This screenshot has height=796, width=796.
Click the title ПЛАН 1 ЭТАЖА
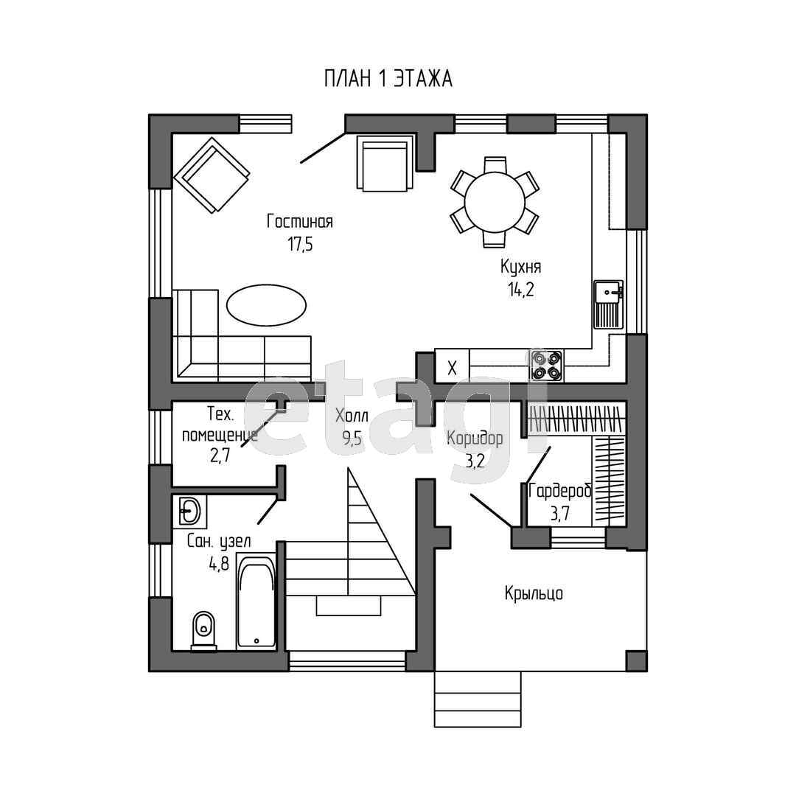(388, 79)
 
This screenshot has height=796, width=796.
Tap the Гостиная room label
(299, 221)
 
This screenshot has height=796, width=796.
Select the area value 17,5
(300, 245)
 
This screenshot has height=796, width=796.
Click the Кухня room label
(520, 267)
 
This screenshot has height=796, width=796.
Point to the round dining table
(495, 202)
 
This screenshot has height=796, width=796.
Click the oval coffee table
(267, 305)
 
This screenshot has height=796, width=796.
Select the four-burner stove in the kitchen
(546, 365)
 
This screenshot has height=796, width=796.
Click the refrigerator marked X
(452, 367)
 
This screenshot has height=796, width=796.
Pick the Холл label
(352, 416)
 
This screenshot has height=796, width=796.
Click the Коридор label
(475, 438)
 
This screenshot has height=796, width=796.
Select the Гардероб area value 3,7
(560, 514)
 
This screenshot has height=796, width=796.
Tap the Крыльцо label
(534, 593)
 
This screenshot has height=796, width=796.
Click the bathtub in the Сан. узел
(256, 602)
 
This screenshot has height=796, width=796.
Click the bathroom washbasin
(189, 511)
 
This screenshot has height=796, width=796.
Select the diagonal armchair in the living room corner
(212, 174)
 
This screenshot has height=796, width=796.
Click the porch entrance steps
(478, 699)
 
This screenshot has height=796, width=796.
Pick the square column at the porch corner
(636, 661)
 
